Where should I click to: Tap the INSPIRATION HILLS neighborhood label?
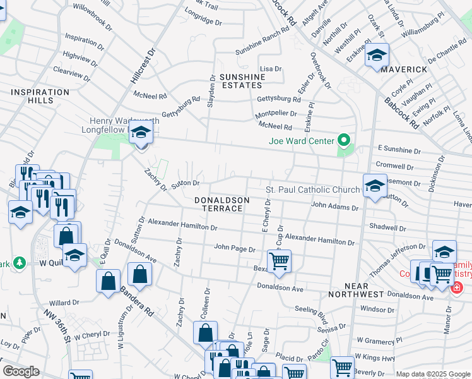40,97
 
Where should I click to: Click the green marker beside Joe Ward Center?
344,140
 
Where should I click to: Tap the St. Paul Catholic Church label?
312,189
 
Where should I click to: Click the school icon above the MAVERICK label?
377,56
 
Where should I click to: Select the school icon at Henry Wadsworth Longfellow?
141,133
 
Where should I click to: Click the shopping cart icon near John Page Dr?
279,260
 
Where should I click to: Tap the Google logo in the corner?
21,371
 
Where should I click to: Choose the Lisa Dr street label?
270,68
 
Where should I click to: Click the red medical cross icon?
456,287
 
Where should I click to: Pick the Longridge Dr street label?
203,21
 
